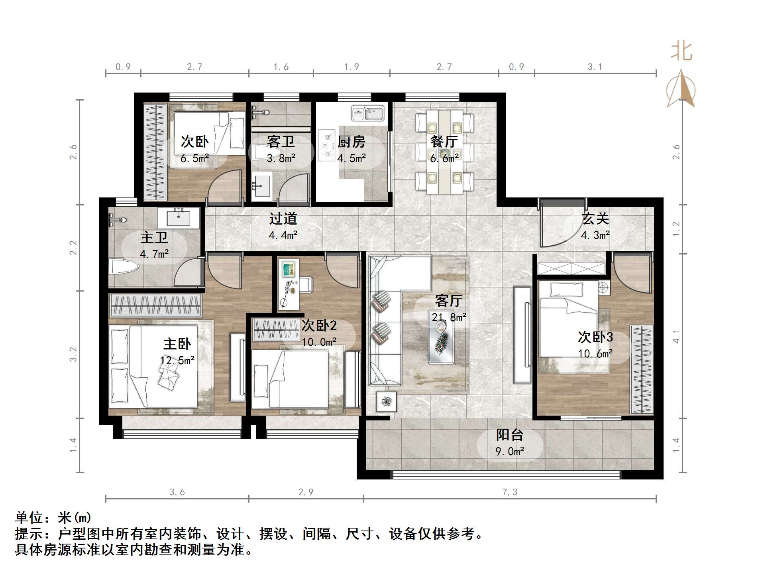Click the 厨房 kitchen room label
[x=351, y=142]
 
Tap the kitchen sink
[x=367, y=113]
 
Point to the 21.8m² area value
[x=449, y=318]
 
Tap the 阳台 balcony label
[x=509, y=435]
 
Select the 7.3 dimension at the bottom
[x=509, y=492]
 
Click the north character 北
[x=681, y=51]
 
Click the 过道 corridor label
[x=283, y=219]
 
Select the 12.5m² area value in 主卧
[x=177, y=361]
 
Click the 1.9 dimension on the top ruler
[x=351, y=67]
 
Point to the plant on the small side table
[x=386, y=401]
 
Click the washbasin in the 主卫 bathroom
[x=178, y=218]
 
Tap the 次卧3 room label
[x=595, y=337]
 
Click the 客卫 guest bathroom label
[x=281, y=142]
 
